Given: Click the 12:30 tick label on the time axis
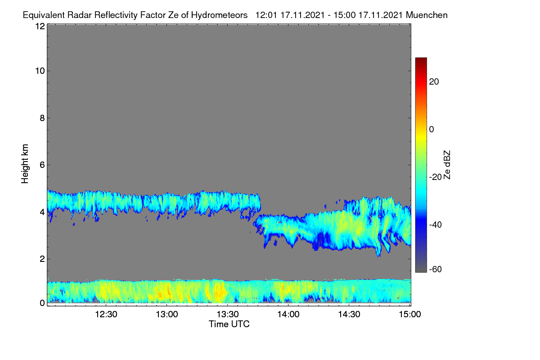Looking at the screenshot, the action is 106,315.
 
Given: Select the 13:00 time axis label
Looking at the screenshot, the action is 167,315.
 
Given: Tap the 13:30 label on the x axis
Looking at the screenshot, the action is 228,315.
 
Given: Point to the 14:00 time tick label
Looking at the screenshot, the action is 288,315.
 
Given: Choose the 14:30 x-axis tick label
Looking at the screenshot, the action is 349,315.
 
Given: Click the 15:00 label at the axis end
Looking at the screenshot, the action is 410,315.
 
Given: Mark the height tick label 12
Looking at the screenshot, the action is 40,26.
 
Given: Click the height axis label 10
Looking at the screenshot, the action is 40,71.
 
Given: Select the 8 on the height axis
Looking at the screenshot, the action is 42,118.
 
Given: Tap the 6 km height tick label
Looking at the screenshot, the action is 42,165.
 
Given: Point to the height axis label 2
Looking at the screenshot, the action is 42,259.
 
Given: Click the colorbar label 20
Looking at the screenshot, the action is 434,82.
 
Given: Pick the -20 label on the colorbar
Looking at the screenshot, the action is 436,177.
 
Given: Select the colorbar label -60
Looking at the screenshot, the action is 436,270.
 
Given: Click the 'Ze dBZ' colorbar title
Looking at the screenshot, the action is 447,165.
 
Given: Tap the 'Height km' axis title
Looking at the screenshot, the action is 25,164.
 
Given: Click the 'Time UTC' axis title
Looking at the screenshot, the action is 229,324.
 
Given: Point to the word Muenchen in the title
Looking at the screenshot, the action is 427,15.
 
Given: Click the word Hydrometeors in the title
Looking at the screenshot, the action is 219,15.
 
